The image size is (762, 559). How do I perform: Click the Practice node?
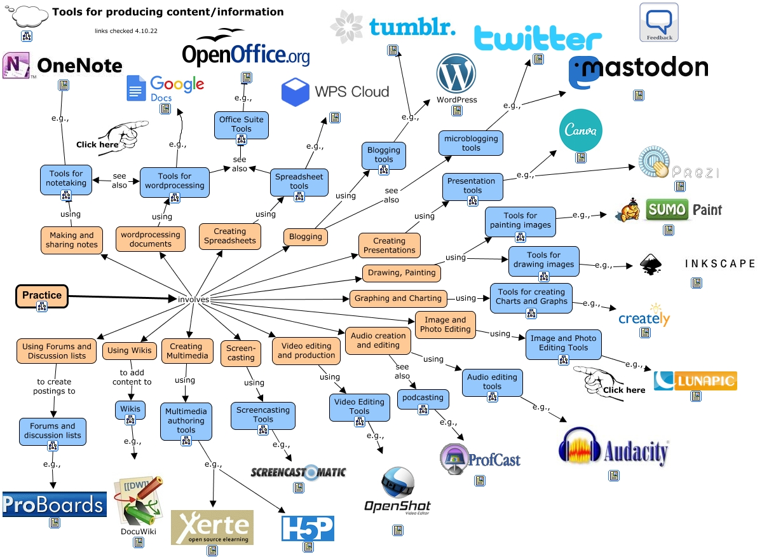42,296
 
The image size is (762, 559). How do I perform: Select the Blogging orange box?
306,237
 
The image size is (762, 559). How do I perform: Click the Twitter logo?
538,38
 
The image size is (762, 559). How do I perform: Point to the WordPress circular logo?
456,74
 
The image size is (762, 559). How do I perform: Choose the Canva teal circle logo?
580,130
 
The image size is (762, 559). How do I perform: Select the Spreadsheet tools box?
299,182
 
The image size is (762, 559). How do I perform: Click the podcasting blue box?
423,398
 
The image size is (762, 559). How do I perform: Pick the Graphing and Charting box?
398,298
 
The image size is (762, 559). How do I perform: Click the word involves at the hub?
193,300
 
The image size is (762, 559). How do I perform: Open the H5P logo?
308,528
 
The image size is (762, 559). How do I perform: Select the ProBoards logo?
54,505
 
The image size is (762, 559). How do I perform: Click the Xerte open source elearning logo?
212,527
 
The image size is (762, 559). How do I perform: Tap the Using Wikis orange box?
129,350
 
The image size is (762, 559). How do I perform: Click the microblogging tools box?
471,143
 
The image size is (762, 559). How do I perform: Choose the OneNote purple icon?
17,66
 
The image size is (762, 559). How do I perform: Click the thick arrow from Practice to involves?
121,296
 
